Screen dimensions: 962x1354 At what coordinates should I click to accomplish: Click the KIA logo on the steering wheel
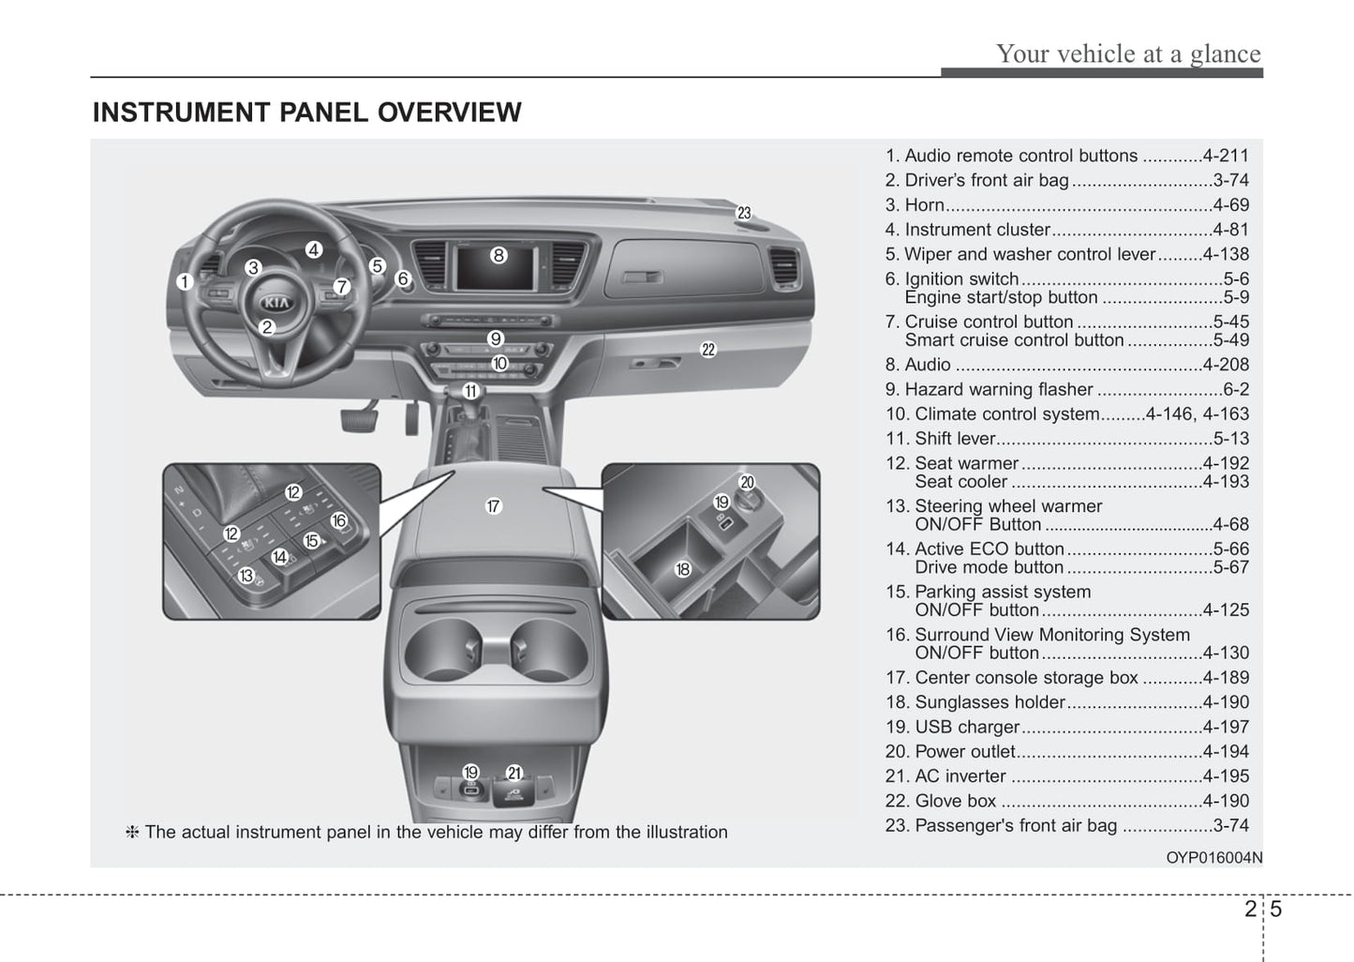tap(276, 302)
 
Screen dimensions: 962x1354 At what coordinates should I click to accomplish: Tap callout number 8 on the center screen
tap(498, 254)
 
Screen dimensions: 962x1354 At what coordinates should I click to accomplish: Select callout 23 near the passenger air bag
tap(744, 213)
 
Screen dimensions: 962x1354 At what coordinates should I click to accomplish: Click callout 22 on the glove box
tap(708, 350)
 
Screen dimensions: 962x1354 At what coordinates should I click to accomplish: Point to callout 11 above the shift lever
tap(470, 391)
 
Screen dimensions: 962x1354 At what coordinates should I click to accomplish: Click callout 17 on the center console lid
tap(494, 506)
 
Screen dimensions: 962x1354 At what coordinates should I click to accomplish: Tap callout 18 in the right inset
tap(682, 569)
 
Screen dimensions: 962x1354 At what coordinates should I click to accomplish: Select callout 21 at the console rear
tap(514, 773)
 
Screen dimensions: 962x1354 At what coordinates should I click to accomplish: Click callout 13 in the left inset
tap(246, 576)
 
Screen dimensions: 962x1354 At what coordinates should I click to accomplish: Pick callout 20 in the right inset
tap(747, 483)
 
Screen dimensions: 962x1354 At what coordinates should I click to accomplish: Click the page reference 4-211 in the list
tap(1226, 156)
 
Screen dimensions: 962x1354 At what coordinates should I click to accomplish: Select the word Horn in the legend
tap(924, 205)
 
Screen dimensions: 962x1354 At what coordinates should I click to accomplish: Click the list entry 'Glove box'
tap(955, 801)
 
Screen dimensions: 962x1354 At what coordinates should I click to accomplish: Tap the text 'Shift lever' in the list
tap(954, 438)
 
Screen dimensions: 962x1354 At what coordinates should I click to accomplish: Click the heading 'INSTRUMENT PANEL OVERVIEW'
tap(306, 113)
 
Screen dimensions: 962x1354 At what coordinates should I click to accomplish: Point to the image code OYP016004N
tap(1213, 857)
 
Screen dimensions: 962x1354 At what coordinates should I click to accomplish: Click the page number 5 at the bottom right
tap(1276, 909)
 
